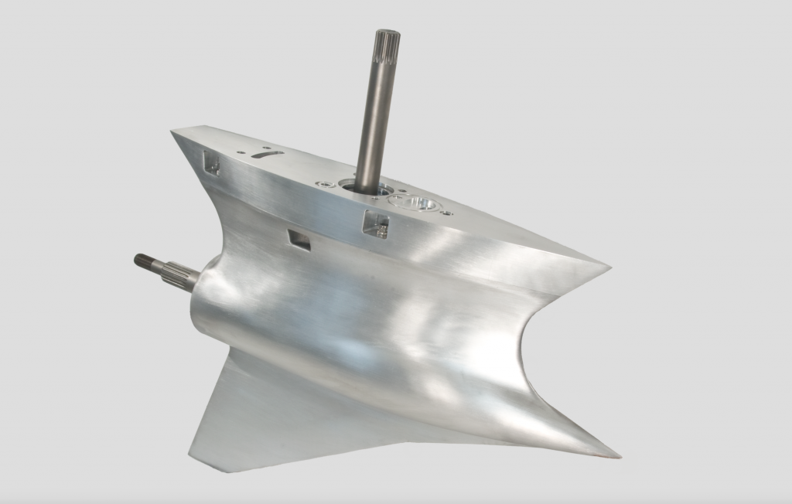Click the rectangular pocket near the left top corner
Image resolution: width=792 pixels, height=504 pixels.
click(210, 162)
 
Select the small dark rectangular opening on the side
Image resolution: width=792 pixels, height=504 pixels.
click(299, 240)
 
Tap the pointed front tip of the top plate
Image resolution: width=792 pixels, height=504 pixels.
click(175, 135)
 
